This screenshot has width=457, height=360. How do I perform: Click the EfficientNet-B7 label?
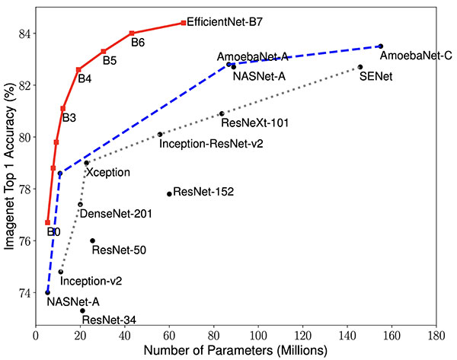click(224, 23)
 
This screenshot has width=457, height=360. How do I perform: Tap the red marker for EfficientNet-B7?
click(184, 23)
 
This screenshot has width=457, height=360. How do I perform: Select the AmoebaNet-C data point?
click(381, 46)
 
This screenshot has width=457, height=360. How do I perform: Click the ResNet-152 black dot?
click(169, 193)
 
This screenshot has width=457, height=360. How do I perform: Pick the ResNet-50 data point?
click(92, 241)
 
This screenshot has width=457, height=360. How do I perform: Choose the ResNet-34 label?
click(108, 320)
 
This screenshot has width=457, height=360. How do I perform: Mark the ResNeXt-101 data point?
click(222, 113)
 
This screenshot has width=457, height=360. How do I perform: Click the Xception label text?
click(107, 173)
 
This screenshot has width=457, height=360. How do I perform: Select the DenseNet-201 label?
click(115, 214)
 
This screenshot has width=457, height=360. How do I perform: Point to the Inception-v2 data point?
click(60, 272)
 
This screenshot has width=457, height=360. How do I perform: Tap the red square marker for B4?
click(78, 69)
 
